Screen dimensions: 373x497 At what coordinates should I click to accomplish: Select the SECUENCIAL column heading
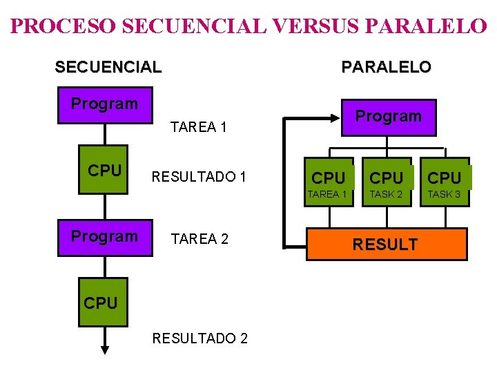108,67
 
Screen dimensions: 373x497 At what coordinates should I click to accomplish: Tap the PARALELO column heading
387,67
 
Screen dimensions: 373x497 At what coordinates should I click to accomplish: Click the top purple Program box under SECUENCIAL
105,105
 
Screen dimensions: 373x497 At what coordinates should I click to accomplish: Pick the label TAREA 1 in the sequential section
199,127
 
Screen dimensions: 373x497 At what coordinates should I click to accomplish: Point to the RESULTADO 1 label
199,177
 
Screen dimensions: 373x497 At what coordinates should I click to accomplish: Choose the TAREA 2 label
199,239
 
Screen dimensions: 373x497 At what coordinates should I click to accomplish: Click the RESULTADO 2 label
200,338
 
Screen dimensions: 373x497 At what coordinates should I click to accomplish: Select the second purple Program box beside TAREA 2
105,237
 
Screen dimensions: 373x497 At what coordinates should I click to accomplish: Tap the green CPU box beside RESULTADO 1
105,171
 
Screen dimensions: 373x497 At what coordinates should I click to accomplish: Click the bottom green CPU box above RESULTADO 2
101,303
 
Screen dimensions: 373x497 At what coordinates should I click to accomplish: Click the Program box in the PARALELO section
388,117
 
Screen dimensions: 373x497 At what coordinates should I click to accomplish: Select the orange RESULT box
386,244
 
